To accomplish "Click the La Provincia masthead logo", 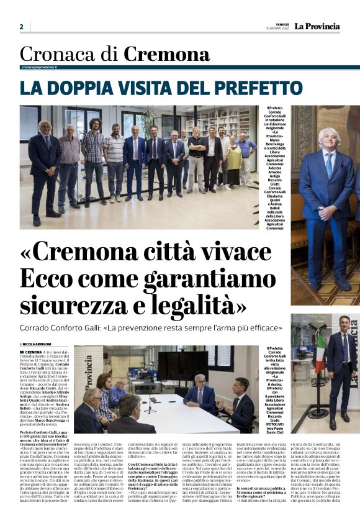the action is coord(317,26).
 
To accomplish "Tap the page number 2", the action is coord(21,27).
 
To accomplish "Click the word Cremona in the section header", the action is coord(167,55).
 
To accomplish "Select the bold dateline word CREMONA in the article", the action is coord(34,352).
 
